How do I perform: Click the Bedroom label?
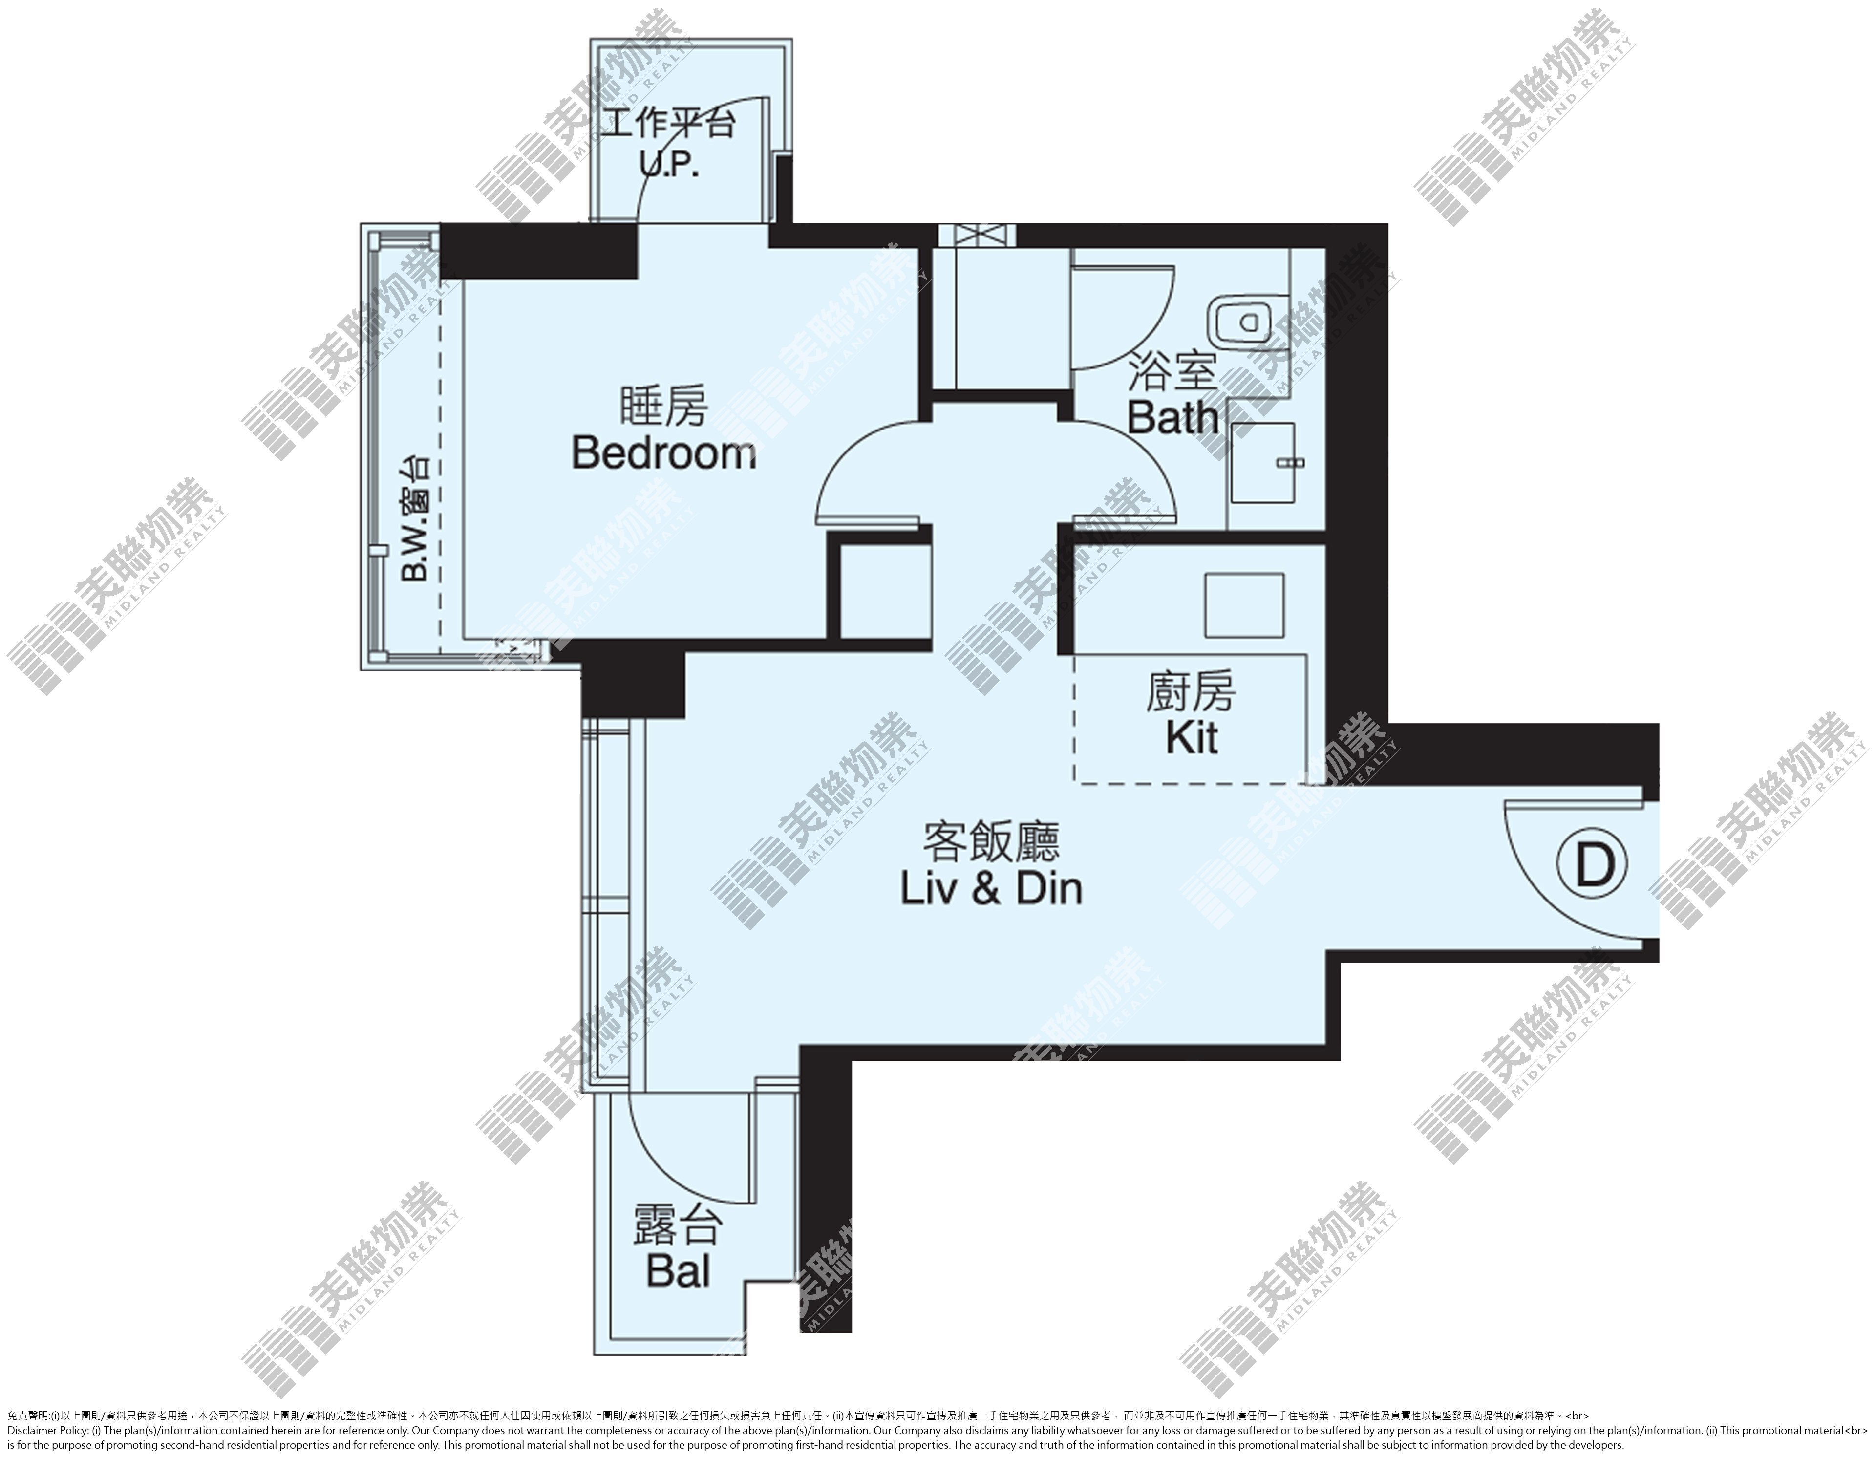664,452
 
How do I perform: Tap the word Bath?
1173,418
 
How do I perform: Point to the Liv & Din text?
991,888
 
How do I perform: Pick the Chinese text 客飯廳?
991,842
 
